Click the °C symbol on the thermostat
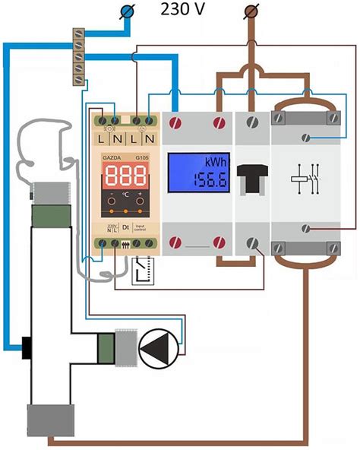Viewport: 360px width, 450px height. coord(125,204)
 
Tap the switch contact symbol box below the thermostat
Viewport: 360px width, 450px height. coord(142,270)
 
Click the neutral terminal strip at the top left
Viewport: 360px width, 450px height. coord(77,52)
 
